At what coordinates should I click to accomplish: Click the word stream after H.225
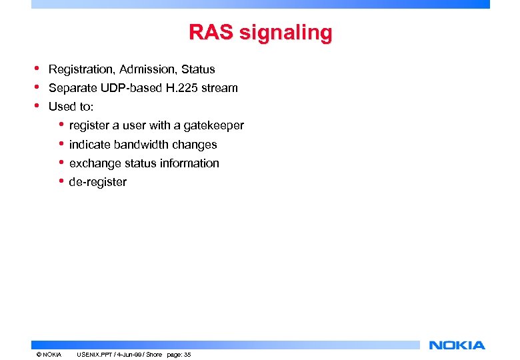pos(220,88)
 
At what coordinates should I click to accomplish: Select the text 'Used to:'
pos(71,107)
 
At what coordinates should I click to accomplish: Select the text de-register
pos(97,182)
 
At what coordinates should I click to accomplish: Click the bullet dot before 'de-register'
pos(61,181)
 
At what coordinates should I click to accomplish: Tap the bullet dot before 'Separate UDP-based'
pos(38,87)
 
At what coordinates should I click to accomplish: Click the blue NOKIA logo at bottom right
pos(457,345)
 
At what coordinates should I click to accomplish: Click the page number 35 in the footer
pos(187,355)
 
